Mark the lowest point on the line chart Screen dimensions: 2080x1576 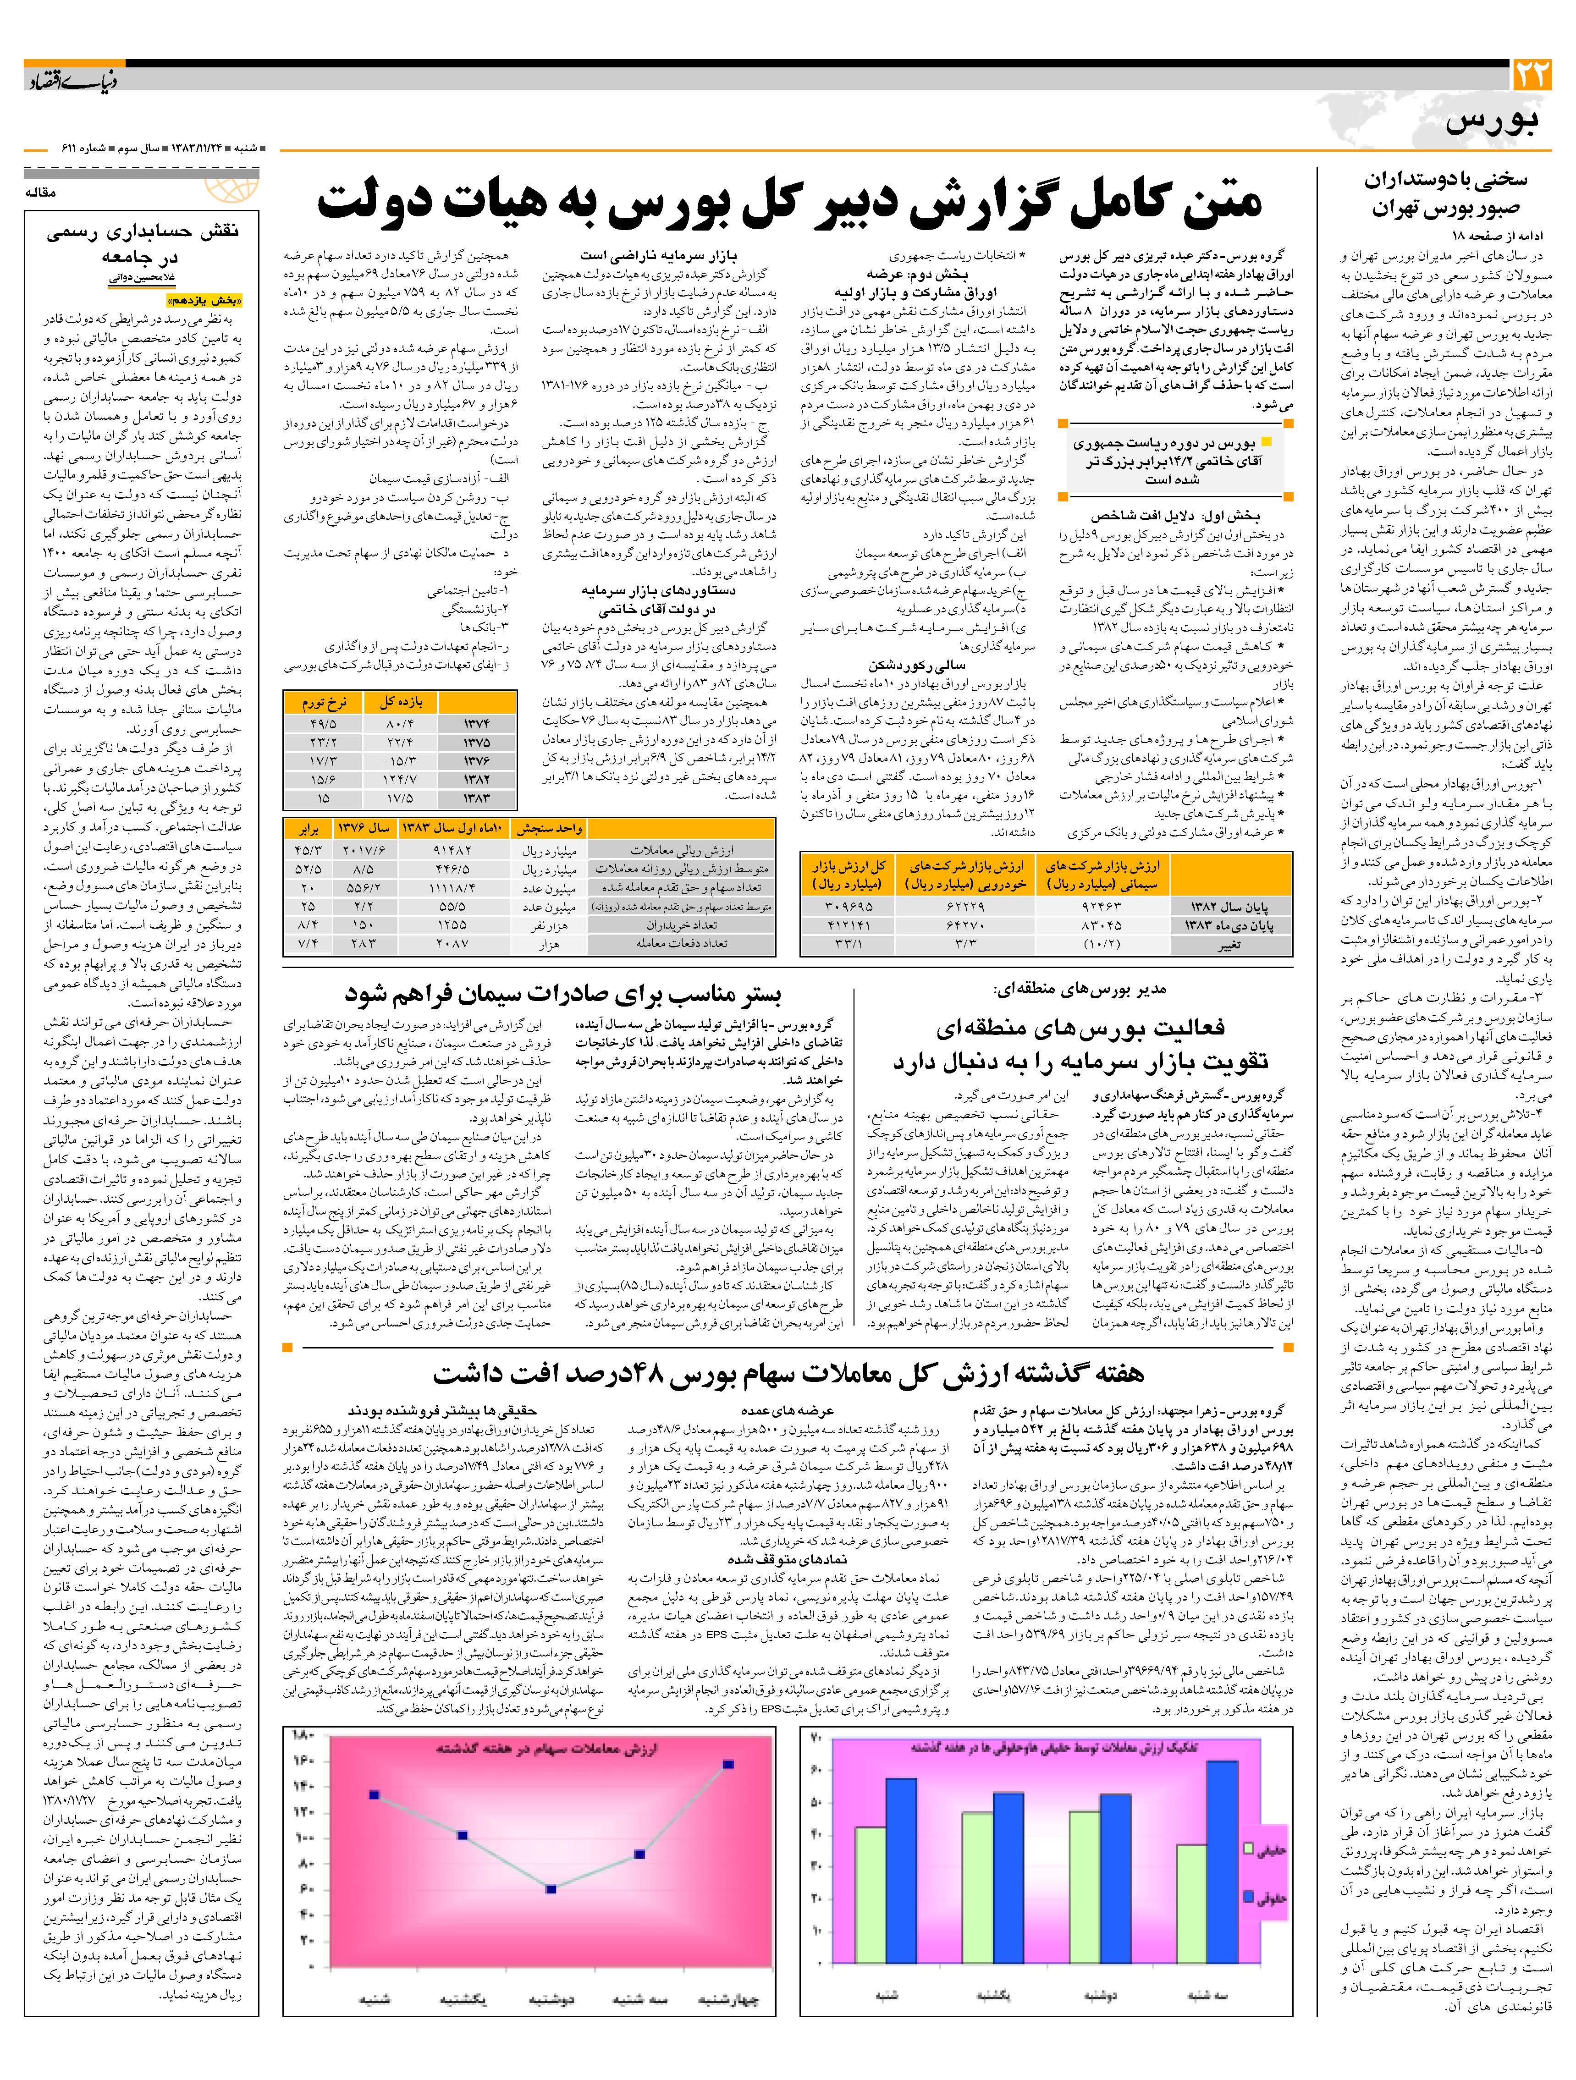point(552,1888)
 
